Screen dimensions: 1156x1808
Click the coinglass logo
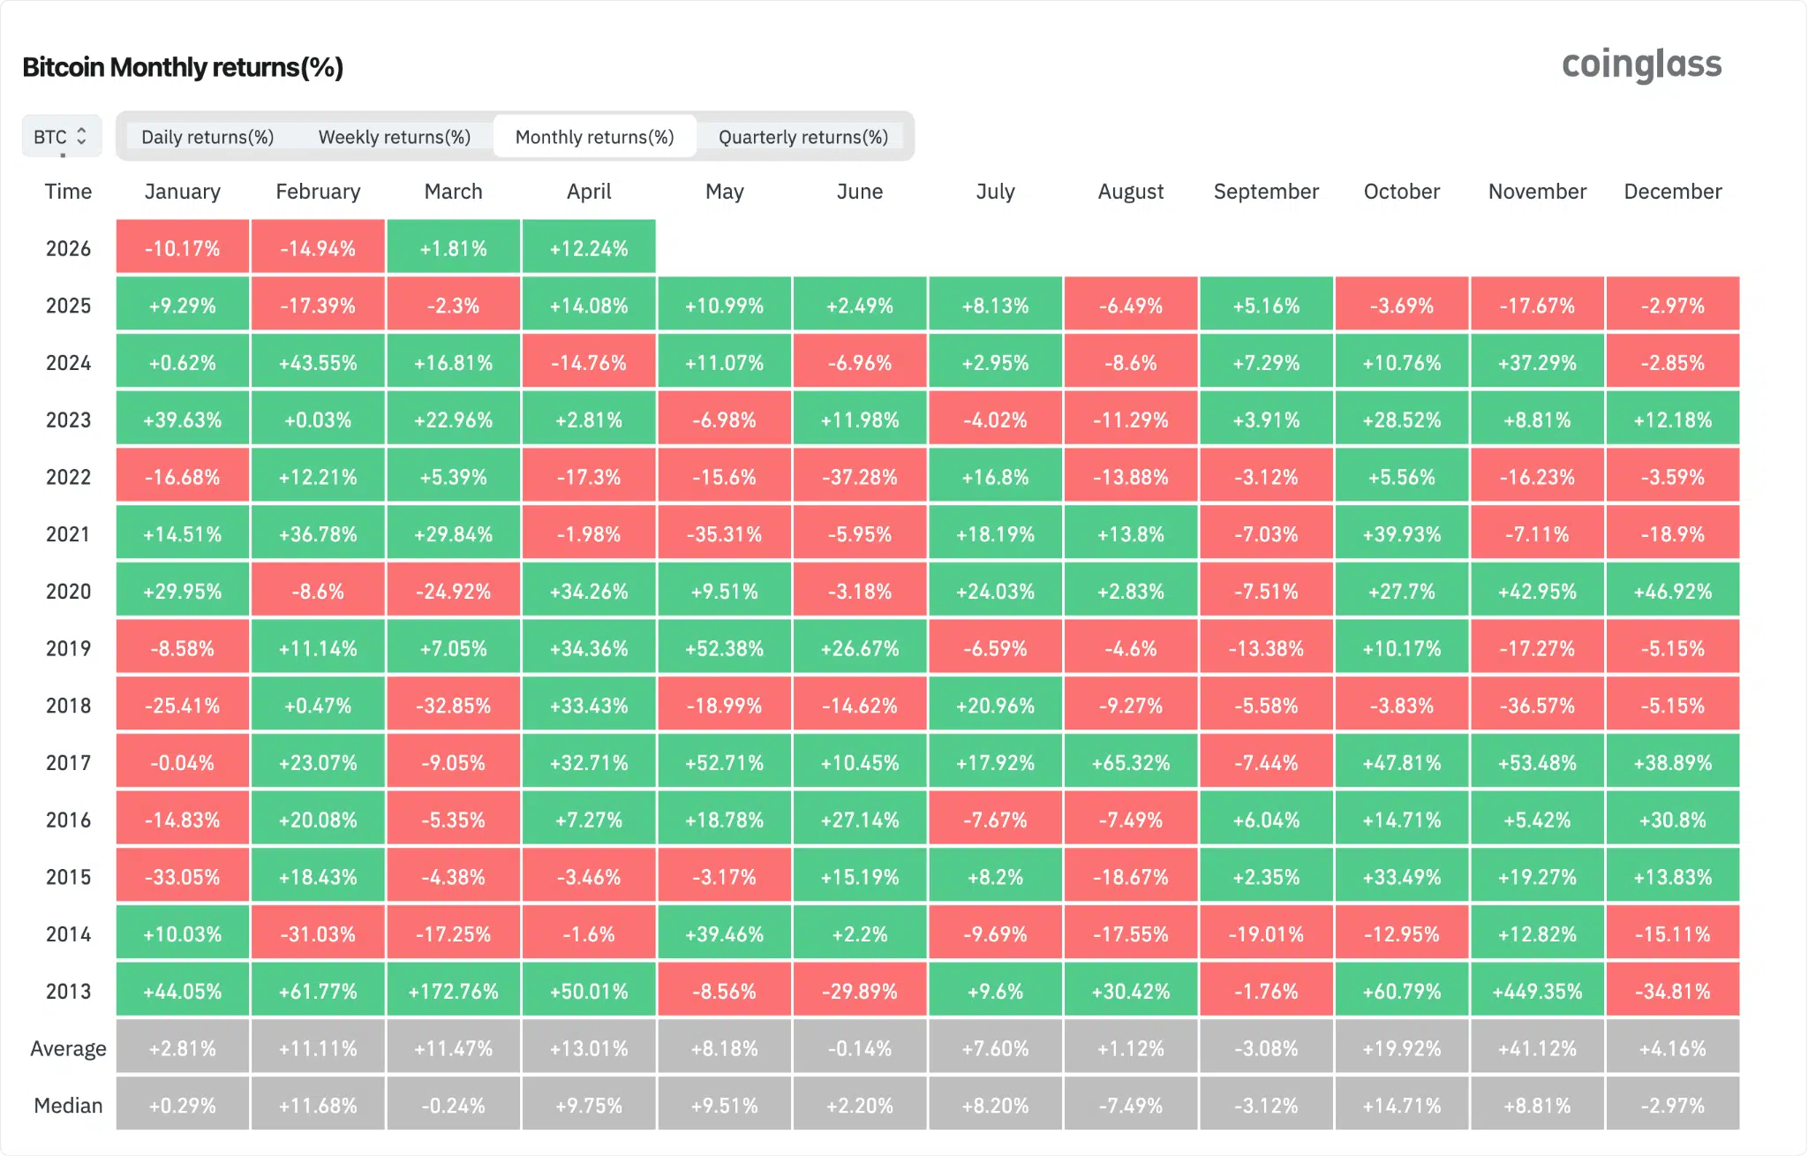tap(1641, 64)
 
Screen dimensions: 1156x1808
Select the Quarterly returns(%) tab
tap(802, 137)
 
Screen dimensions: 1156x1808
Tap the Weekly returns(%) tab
tap(394, 137)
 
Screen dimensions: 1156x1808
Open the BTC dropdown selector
tap(61, 137)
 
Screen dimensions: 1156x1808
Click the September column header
tap(1266, 192)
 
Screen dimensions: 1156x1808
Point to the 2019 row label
tap(68, 648)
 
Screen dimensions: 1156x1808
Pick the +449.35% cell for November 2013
tap(1537, 991)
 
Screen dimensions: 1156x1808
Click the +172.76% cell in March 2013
tap(453, 991)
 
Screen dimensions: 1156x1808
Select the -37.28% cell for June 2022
tap(860, 477)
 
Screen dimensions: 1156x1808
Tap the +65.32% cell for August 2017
tap(1131, 762)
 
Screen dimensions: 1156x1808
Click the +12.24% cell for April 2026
tap(589, 248)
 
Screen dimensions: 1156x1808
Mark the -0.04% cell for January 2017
tap(182, 762)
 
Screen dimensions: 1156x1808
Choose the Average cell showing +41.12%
tap(1537, 1048)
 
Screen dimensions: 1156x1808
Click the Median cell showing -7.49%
tap(1131, 1105)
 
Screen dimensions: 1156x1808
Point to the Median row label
tap(68, 1105)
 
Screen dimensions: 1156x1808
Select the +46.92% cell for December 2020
tap(1672, 591)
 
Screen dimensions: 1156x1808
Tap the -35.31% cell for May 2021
tap(724, 534)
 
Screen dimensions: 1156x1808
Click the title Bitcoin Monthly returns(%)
tap(183, 67)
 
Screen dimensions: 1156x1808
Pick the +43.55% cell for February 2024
tap(318, 362)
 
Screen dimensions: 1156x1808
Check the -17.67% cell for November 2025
tap(1537, 306)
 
